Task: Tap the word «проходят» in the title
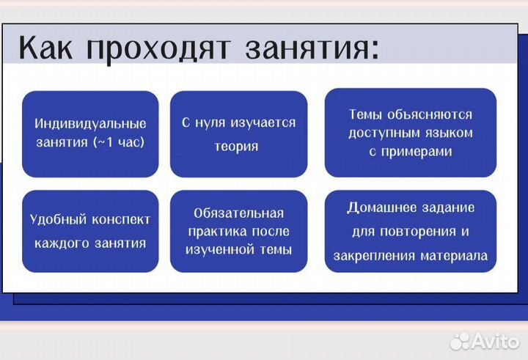point(158,48)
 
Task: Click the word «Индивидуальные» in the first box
point(90,124)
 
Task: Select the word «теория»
point(236,147)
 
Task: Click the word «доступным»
point(384,133)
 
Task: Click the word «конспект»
point(120,219)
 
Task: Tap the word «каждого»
point(62,243)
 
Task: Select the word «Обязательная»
point(238,213)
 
